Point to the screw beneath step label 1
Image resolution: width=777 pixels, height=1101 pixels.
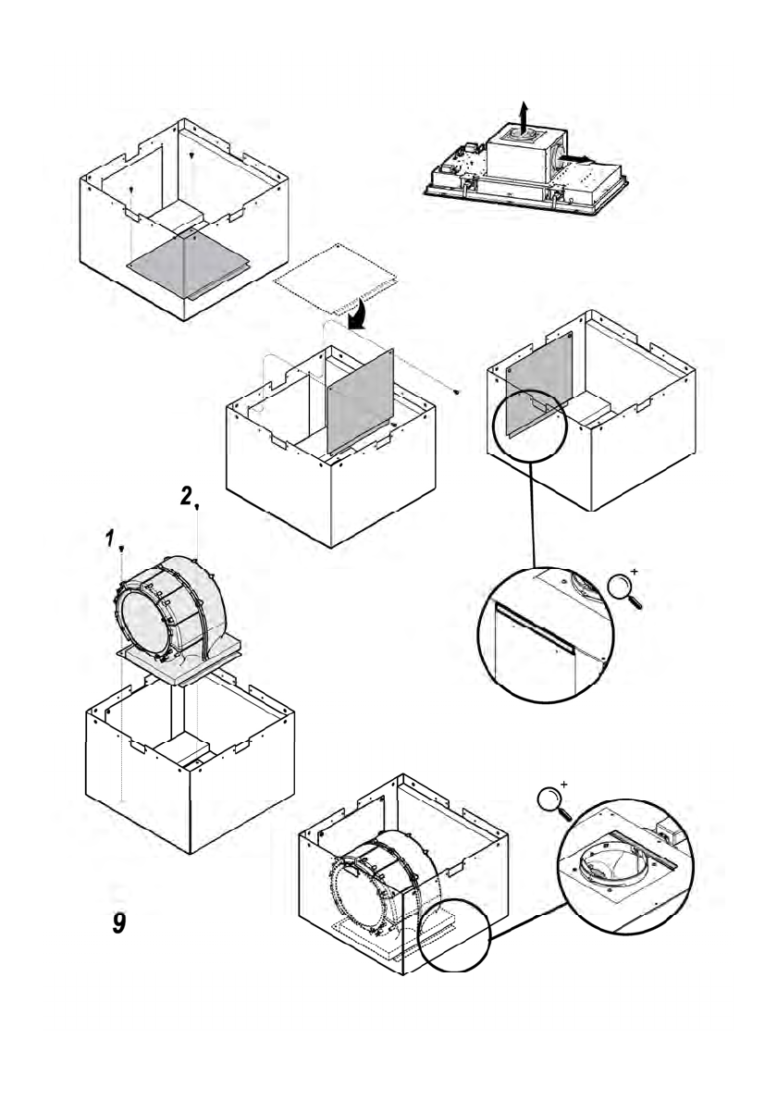[121, 550]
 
